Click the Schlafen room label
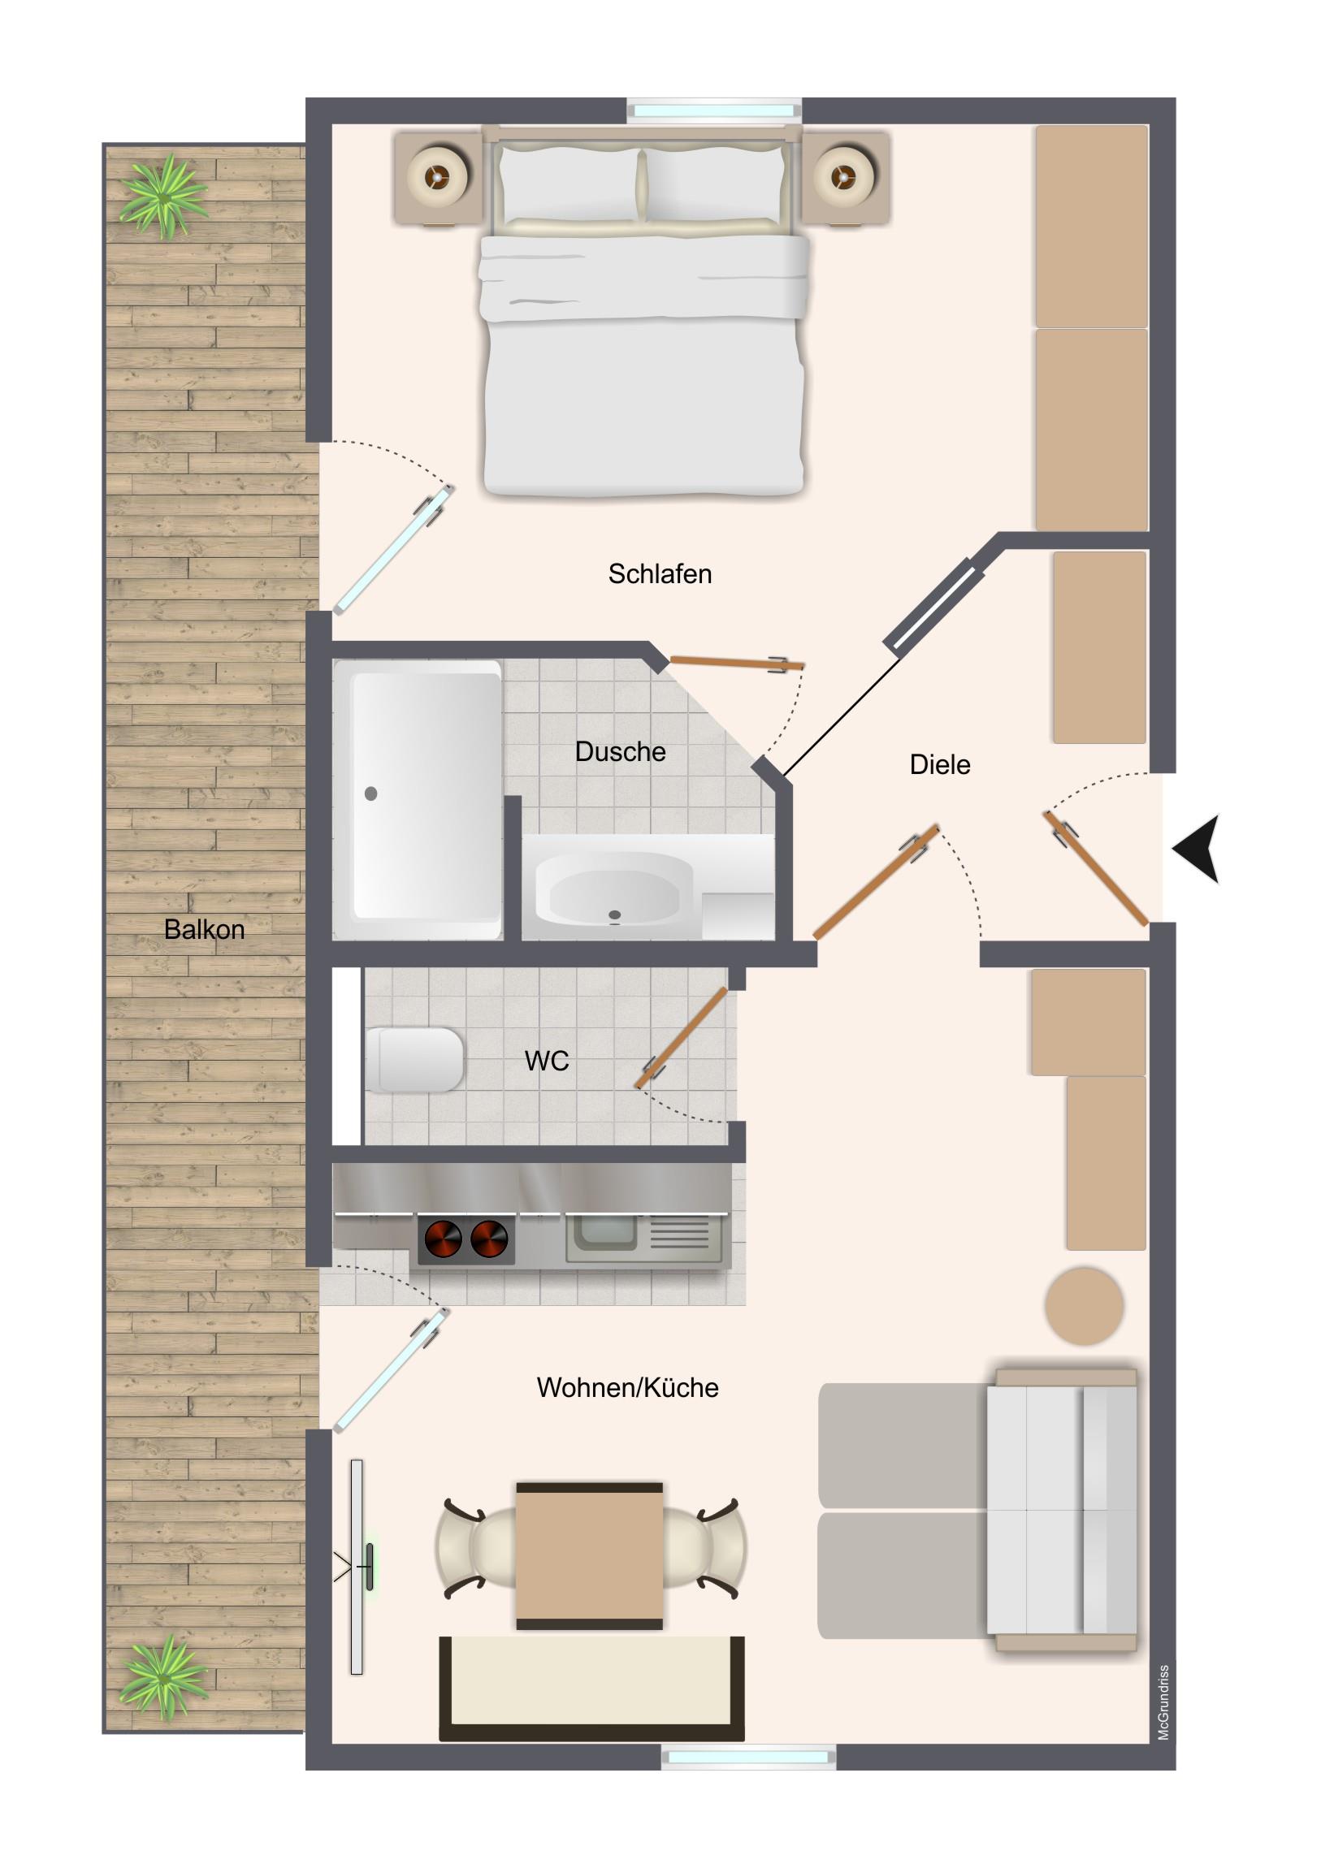[x=659, y=574]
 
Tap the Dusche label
[x=620, y=752]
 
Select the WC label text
[x=546, y=1061]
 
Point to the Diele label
[x=939, y=765]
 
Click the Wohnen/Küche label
[x=627, y=1387]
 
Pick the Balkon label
[x=204, y=929]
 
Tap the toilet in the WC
[x=414, y=1059]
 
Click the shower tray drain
[x=371, y=793]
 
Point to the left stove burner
[x=443, y=1240]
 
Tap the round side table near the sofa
[x=1084, y=1306]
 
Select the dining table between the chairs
[x=589, y=1555]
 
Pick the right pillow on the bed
[x=714, y=184]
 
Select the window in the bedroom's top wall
[x=714, y=110]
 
